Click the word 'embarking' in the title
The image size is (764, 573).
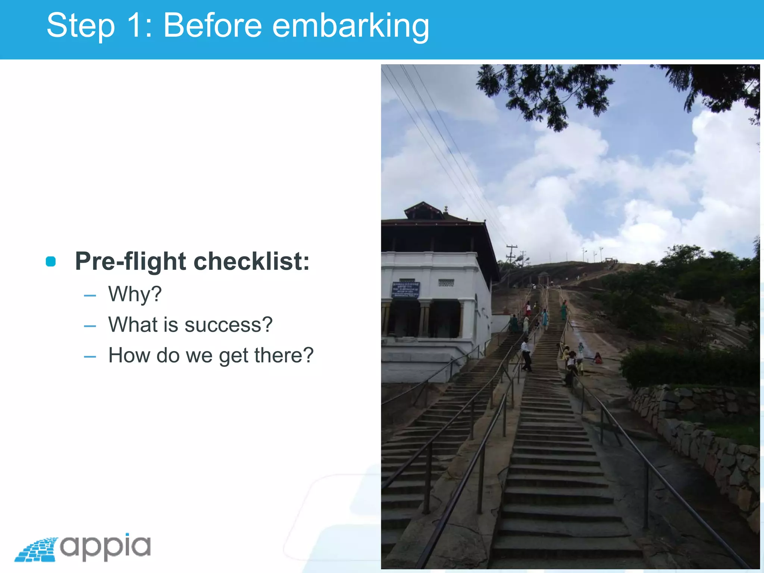351,26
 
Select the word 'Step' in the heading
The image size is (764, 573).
81,26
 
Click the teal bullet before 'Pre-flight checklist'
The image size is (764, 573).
51,262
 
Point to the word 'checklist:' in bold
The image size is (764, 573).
251,261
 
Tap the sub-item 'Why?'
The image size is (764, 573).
135,294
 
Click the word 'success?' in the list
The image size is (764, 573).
229,325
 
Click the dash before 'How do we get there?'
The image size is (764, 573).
90,357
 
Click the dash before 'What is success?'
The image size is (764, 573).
90,326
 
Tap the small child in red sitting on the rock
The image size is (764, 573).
598,358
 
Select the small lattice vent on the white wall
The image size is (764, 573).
446,283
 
